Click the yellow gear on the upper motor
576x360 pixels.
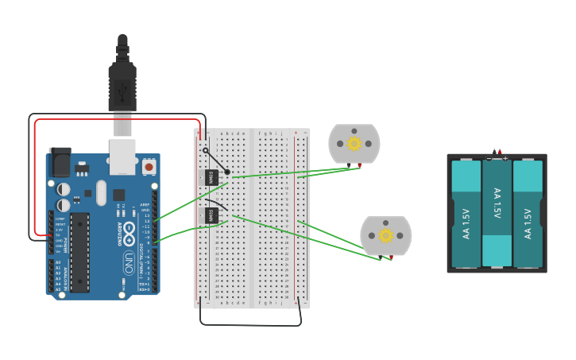(354, 144)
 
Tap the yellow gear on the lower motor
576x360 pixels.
(386, 235)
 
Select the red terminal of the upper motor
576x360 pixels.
(360, 165)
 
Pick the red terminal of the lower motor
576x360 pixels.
(391, 257)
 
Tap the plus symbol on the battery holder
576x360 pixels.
(504, 158)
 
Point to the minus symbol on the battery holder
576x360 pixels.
(489, 158)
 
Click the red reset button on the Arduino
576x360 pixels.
(149, 167)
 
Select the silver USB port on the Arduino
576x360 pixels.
(122, 157)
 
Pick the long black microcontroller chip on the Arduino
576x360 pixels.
(79, 252)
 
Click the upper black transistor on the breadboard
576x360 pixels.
(211, 177)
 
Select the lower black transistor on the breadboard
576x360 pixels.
(211, 215)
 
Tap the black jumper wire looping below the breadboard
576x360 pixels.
(250, 324)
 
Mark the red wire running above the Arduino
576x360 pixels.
(119, 120)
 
